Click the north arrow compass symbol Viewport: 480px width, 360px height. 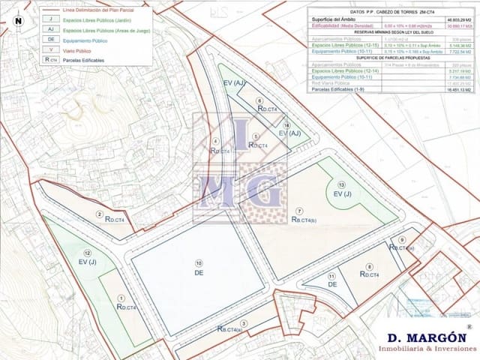click(17, 20)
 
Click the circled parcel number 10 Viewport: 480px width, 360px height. click(199, 262)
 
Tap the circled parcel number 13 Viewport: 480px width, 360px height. click(341, 184)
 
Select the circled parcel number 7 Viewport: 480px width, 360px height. click(299, 211)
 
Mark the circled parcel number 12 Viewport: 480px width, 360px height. click(88, 253)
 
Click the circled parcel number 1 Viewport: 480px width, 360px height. click(121, 298)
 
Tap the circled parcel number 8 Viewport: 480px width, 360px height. click(369, 267)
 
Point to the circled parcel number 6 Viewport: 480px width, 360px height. click(259, 100)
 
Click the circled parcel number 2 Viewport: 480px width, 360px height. click(99, 214)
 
